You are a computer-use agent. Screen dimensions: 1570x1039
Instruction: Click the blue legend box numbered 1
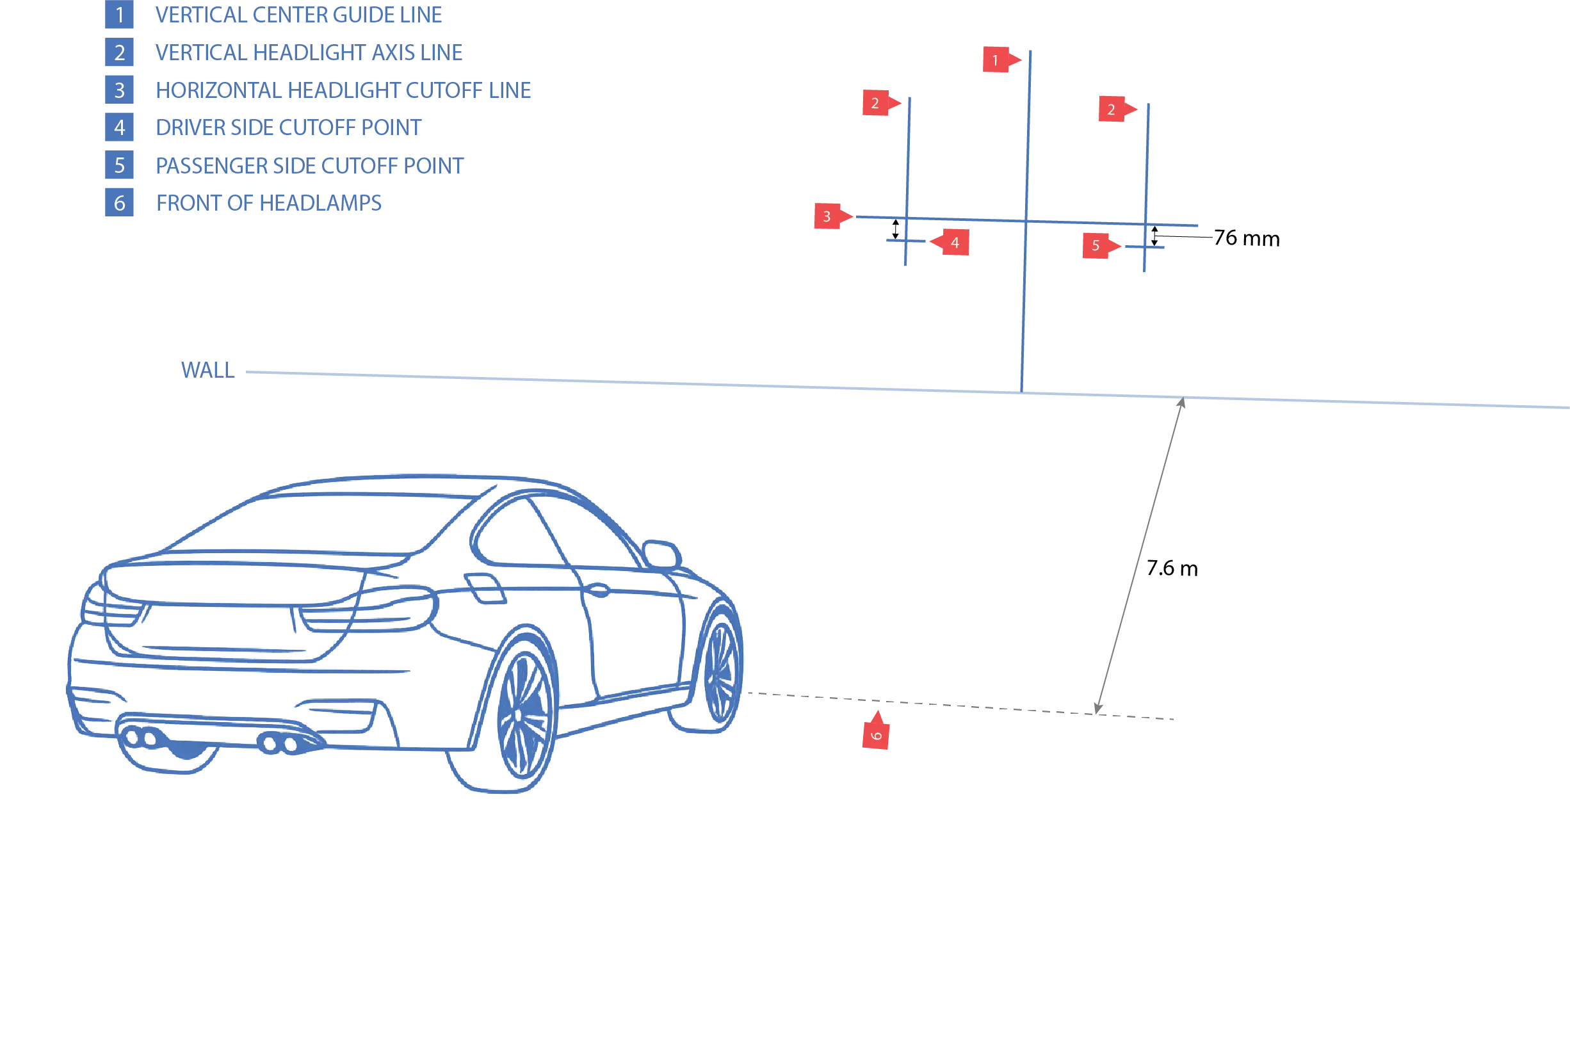pyautogui.click(x=119, y=15)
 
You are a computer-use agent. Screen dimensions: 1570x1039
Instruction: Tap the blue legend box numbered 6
pyautogui.click(x=119, y=203)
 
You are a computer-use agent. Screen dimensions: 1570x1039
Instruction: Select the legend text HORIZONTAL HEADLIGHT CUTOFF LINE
pyautogui.click(x=343, y=90)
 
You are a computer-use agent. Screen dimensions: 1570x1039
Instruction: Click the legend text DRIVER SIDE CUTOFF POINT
pyautogui.click(x=288, y=127)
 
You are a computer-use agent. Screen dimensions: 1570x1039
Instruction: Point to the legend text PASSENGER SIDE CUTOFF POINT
pyautogui.click(x=309, y=166)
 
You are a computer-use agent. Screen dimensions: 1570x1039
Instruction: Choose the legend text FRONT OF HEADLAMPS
pyautogui.click(x=268, y=203)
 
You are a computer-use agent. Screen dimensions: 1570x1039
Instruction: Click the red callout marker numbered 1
pyautogui.click(x=1001, y=60)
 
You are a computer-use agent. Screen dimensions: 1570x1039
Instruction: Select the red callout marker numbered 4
pyautogui.click(x=950, y=243)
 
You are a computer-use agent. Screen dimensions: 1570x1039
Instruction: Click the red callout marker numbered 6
pyautogui.click(x=876, y=730)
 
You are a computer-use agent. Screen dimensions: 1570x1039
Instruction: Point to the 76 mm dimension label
pyautogui.click(x=1247, y=238)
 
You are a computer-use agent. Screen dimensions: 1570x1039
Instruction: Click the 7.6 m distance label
pyautogui.click(x=1172, y=568)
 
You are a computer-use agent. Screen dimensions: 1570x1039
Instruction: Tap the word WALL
pyautogui.click(x=207, y=370)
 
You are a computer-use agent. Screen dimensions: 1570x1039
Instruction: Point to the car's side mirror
pyautogui.click(x=661, y=554)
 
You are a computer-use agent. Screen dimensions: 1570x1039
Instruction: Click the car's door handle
pyautogui.click(x=599, y=590)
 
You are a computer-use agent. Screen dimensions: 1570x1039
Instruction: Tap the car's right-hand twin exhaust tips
pyautogui.click(x=279, y=743)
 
